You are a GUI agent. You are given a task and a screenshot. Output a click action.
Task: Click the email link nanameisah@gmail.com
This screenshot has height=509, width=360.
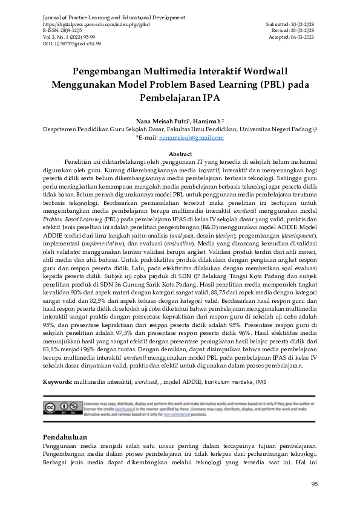[x=191, y=138]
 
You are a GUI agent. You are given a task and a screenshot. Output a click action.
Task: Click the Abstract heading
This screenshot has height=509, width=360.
[x=180, y=154]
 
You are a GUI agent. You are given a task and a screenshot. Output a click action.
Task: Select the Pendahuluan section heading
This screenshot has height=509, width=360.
[x=67, y=436]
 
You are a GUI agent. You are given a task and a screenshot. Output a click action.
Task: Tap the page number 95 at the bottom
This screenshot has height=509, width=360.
[x=314, y=484]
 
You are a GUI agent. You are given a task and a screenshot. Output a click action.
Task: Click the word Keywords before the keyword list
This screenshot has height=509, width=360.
[x=57, y=383]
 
